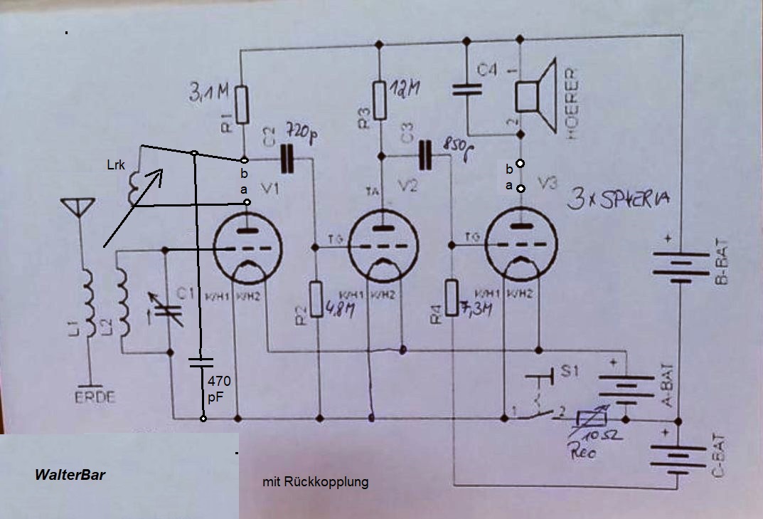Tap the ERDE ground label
(x=94, y=397)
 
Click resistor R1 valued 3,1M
(x=242, y=104)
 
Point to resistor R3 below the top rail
(x=380, y=100)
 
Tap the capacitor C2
(x=287, y=159)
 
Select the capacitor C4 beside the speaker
(x=466, y=90)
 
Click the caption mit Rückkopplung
(x=315, y=482)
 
